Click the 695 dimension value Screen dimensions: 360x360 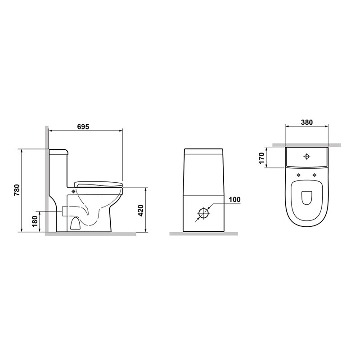coord(83,126)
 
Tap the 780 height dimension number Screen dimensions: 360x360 coord(18,190)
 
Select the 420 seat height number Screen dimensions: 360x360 coord(140,210)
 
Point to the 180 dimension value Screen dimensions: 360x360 coord(35,221)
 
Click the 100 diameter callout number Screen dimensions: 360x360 coord(234,199)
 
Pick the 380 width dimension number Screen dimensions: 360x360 coord(306,122)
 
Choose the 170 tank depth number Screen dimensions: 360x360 coord(261,158)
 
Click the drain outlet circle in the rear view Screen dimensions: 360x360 coord(203,213)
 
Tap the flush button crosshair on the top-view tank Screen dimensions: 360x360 coord(306,157)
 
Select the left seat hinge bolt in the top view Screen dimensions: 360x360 coord(298,175)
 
